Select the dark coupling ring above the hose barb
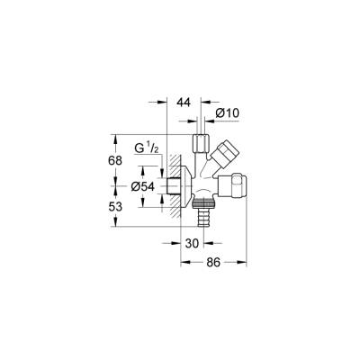click(203, 205)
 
